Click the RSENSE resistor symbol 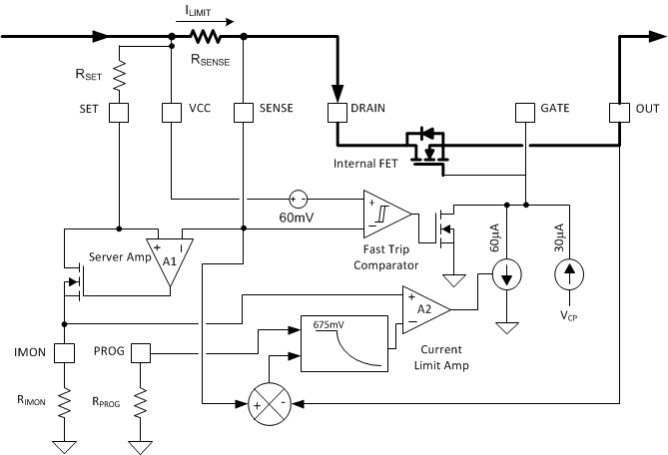pyautogui.click(x=207, y=37)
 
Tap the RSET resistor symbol pyautogui.click(x=118, y=74)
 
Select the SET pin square pyautogui.click(x=118, y=112)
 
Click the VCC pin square pyautogui.click(x=171, y=112)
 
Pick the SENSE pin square pyautogui.click(x=243, y=112)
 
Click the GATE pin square pyautogui.click(x=524, y=112)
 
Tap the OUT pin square pyautogui.click(x=619, y=112)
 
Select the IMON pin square pyautogui.click(x=64, y=353)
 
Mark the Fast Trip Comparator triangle pyautogui.click(x=388, y=212)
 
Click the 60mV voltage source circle pyautogui.click(x=298, y=198)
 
